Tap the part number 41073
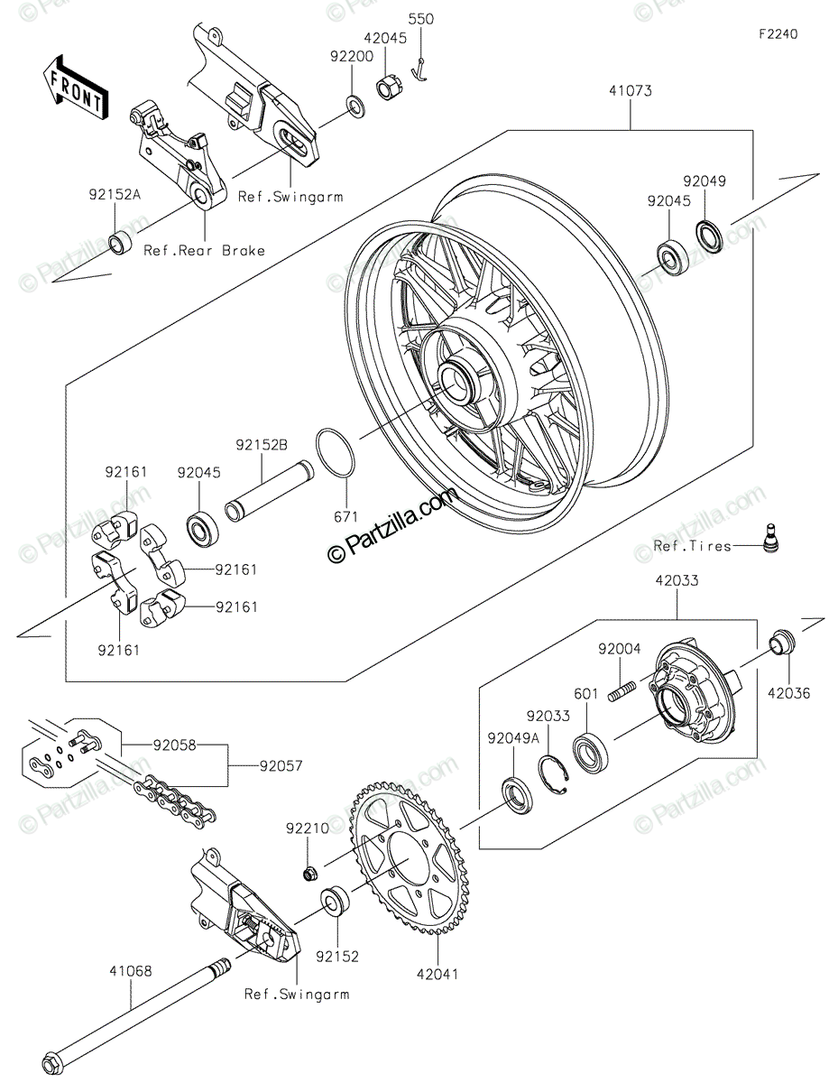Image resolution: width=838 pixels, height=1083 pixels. coord(630,91)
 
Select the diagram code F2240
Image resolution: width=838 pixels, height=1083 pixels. coord(778,34)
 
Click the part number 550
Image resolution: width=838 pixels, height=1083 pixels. coord(421,19)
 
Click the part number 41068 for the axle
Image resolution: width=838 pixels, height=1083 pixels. coord(132,972)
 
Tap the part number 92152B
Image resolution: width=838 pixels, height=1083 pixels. coord(262,445)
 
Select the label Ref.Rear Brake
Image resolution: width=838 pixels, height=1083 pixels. coord(205,250)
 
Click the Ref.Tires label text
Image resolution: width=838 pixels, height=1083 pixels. coord(692,547)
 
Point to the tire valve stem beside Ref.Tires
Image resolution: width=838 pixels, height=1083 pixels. coord(771,537)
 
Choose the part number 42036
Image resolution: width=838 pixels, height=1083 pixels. coord(788,693)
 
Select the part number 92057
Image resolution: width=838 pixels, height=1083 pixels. coord(281,766)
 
